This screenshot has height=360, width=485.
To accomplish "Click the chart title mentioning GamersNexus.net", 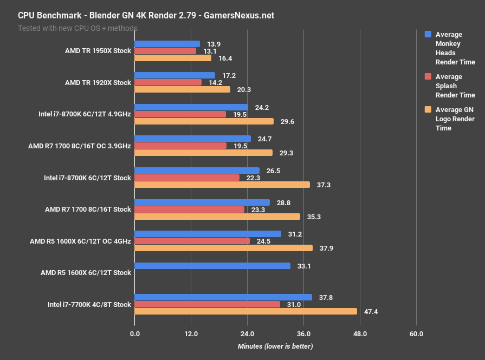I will pyautogui.click(x=146, y=15).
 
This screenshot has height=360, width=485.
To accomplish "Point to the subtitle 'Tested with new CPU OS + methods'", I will pyautogui.click(x=77, y=28).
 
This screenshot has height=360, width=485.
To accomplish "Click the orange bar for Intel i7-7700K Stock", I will pyautogui.click(x=245, y=311).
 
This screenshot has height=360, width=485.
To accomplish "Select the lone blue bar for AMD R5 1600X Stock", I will pyautogui.click(x=212, y=266).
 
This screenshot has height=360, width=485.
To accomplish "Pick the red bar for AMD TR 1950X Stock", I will pyautogui.click(x=165, y=51).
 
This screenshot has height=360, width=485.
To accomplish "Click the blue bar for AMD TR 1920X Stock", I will pyautogui.click(x=174, y=75).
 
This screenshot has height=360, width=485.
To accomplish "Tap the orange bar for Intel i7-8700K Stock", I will pyautogui.click(x=222, y=185).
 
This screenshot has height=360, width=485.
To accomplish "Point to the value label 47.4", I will pyautogui.click(x=370, y=311).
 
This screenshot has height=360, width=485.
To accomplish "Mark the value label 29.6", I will pyautogui.click(x=288, y=121).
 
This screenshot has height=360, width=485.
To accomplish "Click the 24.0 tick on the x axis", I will pyautogui.click(x=247, y=333).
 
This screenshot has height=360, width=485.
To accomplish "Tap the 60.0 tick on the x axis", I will pyautogui.click(x=416, y=333).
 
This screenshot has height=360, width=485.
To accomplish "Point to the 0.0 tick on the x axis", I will pyautogui.click(x=134, y=333).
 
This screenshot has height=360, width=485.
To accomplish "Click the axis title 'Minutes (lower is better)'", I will pyautogui.click(x=275, y=346).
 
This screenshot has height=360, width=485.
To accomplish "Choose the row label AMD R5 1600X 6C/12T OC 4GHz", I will pyautogui.click(x=81, y=241).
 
